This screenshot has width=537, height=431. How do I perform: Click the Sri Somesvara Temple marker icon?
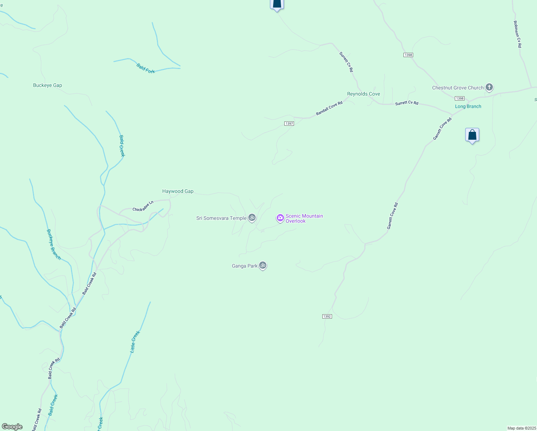click(252, 218)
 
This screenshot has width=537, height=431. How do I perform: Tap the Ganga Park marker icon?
click(263, 265)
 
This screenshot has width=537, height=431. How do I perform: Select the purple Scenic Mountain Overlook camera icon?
click(280, 218)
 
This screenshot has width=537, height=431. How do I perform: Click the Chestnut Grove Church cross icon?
click(489, 87)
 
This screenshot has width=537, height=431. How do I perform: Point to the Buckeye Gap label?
click(47, 85)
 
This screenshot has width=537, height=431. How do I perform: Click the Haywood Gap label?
click(178, 191)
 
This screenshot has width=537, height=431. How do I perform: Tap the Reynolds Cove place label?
click(363, 94)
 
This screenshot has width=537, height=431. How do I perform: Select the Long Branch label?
click(468, 106)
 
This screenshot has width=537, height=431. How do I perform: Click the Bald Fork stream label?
click(146, 68)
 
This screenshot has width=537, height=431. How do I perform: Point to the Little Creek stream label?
click(135, 342)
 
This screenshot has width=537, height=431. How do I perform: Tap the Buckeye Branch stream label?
click(54, 245)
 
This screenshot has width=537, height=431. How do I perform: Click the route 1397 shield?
click(289, 124)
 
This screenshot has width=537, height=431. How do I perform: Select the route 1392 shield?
click(327, 316)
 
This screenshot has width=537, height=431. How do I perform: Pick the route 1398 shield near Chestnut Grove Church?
click(459, 98)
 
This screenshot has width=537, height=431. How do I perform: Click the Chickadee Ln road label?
click(143, 206)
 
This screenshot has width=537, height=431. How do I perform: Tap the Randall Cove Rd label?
click(329, 108)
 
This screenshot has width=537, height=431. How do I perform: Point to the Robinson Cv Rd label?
click(517, 34)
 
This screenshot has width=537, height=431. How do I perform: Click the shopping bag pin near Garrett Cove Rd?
click(472, 135)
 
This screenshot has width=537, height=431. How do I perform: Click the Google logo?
click(12, 427)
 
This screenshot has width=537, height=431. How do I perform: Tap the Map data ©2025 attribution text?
click(522, 428)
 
